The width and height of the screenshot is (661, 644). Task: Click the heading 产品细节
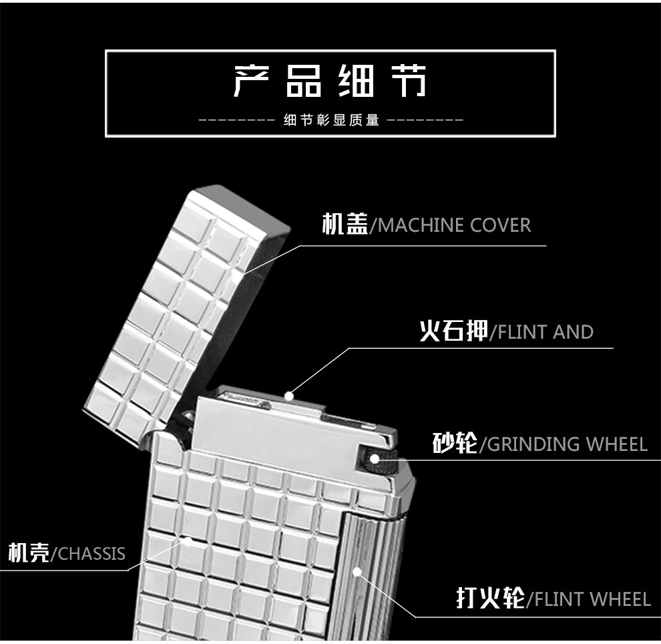330,81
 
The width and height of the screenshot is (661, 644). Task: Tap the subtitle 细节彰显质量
331,120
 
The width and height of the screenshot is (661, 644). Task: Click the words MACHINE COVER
455,225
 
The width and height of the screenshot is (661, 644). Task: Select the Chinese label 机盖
345,224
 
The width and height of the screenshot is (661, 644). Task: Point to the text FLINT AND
545,332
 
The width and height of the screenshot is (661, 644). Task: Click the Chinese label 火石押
454,331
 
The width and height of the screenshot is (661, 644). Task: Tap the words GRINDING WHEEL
568,444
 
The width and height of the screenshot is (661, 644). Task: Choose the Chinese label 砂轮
455,443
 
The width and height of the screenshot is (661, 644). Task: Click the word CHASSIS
91,554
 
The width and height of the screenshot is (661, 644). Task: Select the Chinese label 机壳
29,552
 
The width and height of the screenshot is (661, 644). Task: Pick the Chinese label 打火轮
491,598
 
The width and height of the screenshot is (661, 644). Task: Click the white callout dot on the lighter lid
235,277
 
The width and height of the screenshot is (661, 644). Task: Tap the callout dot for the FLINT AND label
288,396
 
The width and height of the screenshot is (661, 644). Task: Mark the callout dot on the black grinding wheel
375,458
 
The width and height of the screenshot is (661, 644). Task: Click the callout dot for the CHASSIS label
188,542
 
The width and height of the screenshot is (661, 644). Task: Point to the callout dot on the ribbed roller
357,572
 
